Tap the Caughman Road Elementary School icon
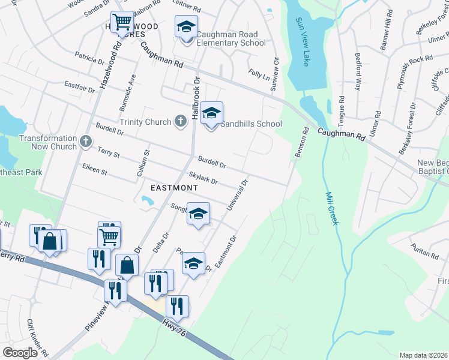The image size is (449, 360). click(x=186, y=27)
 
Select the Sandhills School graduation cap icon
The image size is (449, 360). click(x=211, y=113)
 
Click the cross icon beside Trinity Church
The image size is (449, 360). click(x=179, y=122)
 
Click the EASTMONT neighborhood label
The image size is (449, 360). click(x=174, y=188)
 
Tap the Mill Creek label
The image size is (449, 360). click(x=332, y=208)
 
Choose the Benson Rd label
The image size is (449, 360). click(x=301, y=143)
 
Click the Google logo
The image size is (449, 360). click(x=20, y=353)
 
